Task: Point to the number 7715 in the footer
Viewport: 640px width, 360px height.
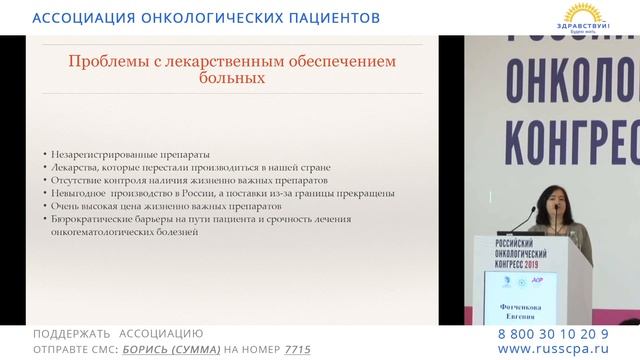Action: pos(297,350)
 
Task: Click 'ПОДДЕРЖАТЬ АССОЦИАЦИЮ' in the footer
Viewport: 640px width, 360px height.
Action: pos(118,333)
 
